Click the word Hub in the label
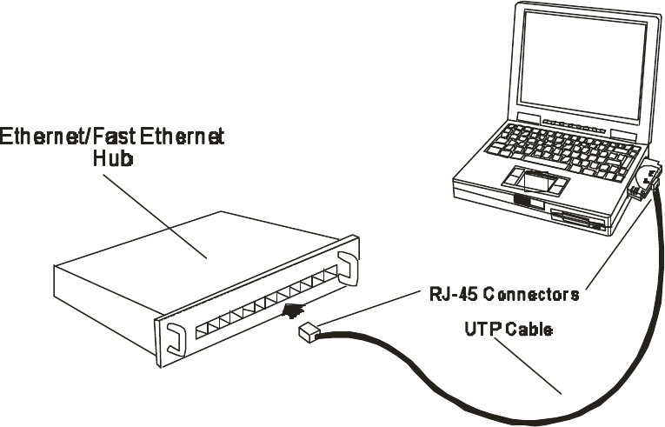tap(112, 160)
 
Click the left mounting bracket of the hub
tap(173, 335)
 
